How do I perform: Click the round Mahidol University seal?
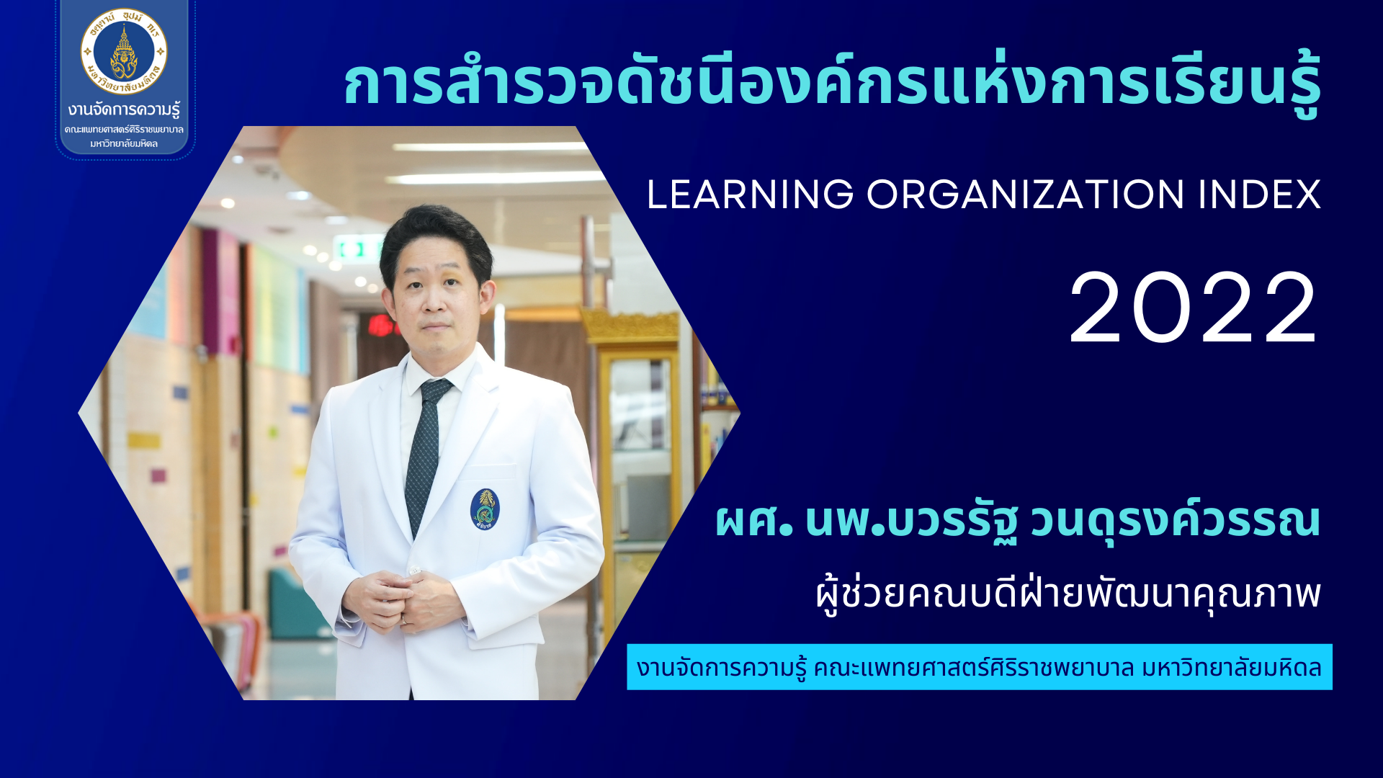pyautogui.click(x=124, y=52)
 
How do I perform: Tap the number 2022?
pyautogui.click(x=1194, y=308)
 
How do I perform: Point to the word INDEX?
pyautogui.click(x=1260, y=194)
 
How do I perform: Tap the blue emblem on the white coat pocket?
pyautogui.click(x=485, y=509)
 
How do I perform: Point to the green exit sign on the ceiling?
pyautogui.click(x=360, y=249)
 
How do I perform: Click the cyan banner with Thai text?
pyautogui.click(x=980, y=667)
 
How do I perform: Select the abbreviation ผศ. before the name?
pyautogui.click(x=754, y=520)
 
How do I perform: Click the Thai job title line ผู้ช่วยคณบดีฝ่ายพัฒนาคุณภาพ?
pyautogui.click(x=1068, y=595)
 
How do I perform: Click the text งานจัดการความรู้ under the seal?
pyautogui.click(x=124, y=110)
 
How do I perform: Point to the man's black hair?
pyautogui.click(x=436, y=238)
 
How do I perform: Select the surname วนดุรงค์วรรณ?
pyautogui.click(x=1176, y=521)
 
